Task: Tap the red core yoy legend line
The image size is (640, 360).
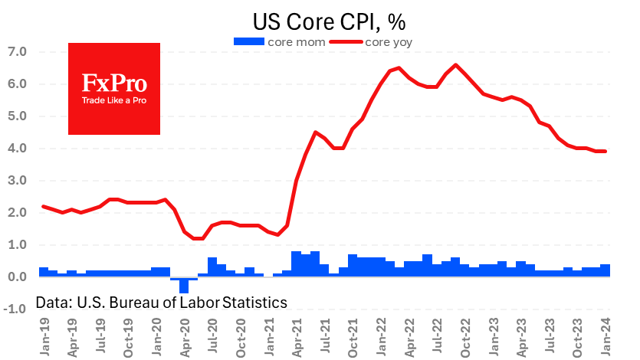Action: pos(349,42)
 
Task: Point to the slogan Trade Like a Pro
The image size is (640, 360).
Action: pos(114,101)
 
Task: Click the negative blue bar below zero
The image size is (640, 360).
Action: pos(184,285)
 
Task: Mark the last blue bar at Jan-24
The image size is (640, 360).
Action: pos(606,270)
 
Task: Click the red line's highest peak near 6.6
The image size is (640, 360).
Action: pos(456,64)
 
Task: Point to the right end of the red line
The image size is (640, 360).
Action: pos(606,151)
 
